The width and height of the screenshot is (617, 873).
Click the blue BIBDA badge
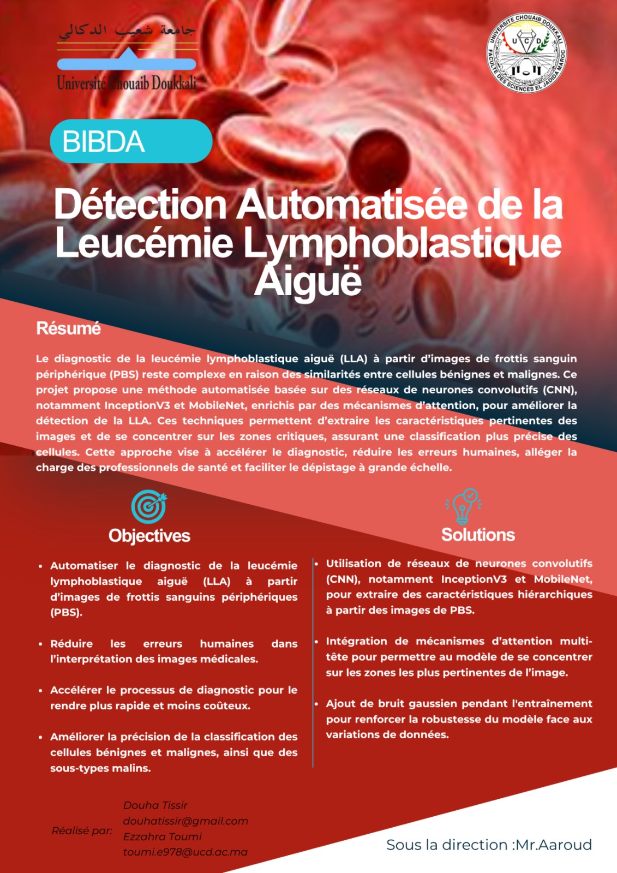point(131,141)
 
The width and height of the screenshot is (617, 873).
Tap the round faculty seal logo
point(526,53)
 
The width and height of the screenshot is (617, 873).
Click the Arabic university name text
point(127,31)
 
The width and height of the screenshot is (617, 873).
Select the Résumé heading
point(68,328)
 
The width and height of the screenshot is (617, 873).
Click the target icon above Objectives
point(149,506)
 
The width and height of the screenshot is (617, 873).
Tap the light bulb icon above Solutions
point(464,506)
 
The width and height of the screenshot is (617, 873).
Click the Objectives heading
point(149,536)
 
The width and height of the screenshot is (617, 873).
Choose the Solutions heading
point(478,535)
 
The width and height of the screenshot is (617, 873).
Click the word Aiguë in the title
point(308,281)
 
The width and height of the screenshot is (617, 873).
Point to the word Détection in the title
point(140,205)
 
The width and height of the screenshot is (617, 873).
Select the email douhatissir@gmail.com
point(185,821)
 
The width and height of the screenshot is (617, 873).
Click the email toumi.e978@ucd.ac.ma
point(185,852)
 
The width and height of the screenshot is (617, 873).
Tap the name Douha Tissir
point(155,805)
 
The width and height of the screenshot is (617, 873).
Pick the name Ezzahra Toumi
point(162,836)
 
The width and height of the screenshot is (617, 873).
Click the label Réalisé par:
point(82,830)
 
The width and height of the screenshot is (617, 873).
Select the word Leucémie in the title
point(144,243)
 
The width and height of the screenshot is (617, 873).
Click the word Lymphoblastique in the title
point(402,243)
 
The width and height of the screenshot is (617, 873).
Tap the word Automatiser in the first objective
point(84,566)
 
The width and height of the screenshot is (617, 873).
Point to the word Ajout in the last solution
point(340,704)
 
